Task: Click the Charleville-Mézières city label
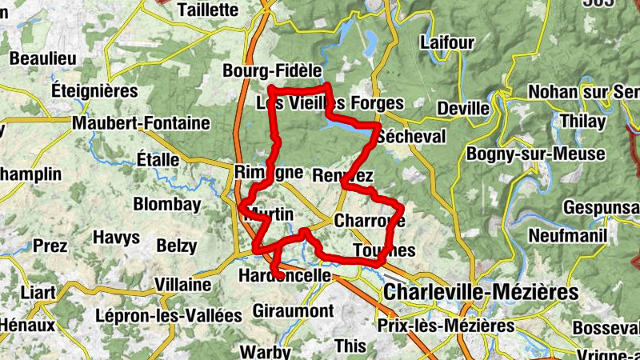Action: point(480,293)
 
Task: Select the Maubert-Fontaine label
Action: point(140,124)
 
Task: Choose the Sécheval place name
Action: point(413,136)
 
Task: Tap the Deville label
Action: point(464,108)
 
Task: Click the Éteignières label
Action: point(95,90)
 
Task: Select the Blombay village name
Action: point(167,204)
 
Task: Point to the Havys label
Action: point(116,238)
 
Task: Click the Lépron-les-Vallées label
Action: point(168,315)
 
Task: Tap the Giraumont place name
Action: point(292,310)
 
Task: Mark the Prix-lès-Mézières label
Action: point(446,326)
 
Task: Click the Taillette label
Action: point(210,10)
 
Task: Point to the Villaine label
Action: point(182,285)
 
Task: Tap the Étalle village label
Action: point(158,159)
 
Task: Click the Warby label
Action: point(266,350)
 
